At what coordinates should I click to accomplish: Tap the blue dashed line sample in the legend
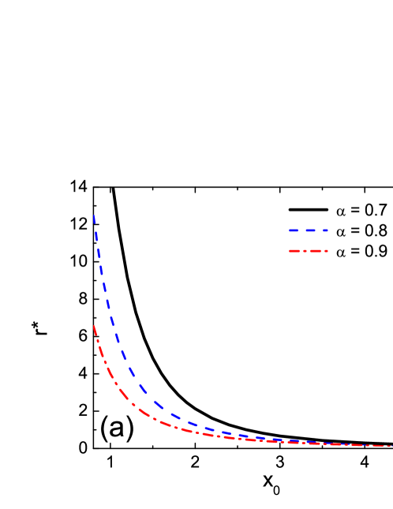click(308, 230)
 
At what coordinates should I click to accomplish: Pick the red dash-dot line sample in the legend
click(308, 251)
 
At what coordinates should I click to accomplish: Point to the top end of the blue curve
click(94, 215)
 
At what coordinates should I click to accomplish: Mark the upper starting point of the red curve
click(94, 325)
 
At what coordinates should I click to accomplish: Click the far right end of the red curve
click(391, 446)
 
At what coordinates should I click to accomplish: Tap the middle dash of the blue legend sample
click(309, 230)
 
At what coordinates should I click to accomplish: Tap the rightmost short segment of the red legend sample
click(325, 251)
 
